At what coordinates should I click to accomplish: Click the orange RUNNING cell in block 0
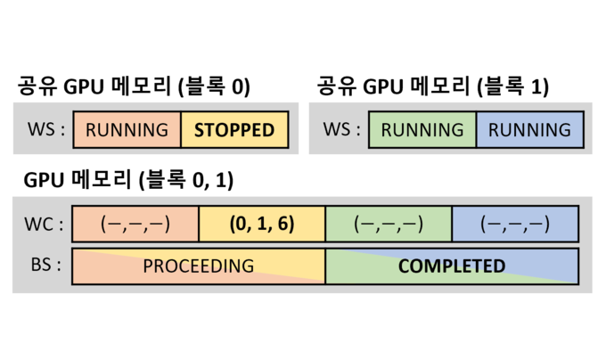pyautogui.click(x=127, y=130)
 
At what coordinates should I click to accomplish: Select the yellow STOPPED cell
pyautogui.click(x=234, y=130)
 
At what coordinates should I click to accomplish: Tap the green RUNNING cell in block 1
pyautogui.click(x=422, y=130)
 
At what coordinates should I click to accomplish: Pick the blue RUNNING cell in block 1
pyautogui.click(x=530, y=130)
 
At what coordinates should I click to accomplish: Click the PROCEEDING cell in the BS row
pyautogui.click(x=198, y=266)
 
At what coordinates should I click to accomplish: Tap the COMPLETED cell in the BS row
pyautogui.click(x=452, y=266)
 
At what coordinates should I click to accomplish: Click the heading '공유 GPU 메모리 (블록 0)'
pyautogui.click(x=134, y=87)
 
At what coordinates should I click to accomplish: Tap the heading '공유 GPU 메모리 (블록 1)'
pyautogui.click(x=432, y=87)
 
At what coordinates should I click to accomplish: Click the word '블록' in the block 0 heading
pyautogui.click(x=204, y=87)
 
